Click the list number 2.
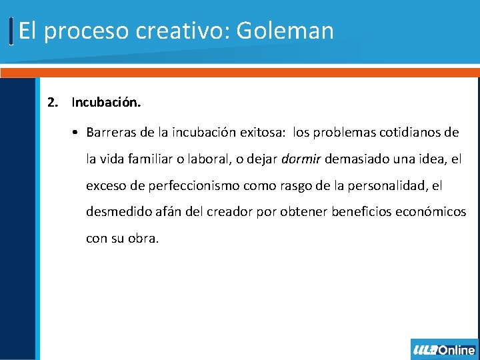52,103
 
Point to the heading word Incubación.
106,103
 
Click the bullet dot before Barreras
77,133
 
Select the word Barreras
111,133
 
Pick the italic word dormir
301,159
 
